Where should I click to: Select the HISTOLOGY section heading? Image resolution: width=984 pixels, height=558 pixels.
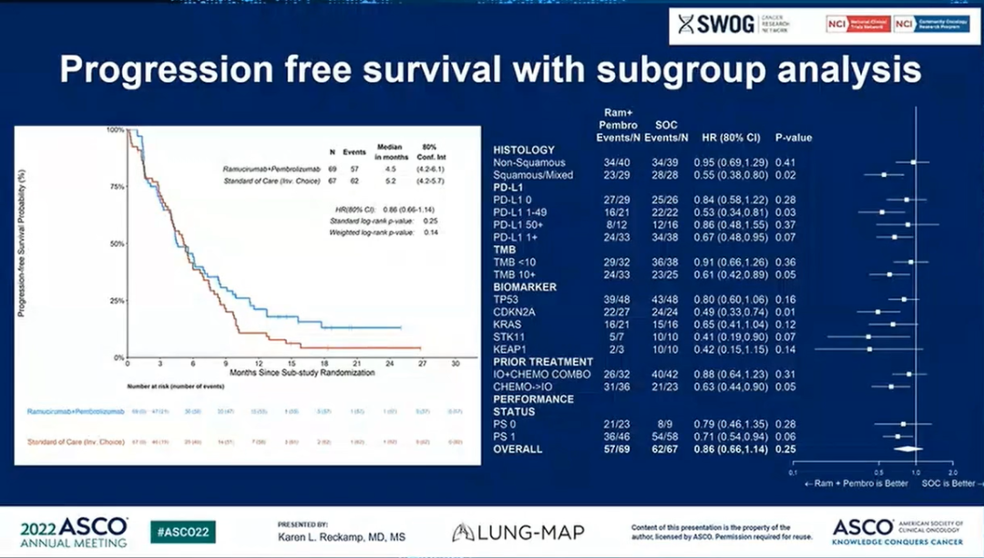click(524, 150)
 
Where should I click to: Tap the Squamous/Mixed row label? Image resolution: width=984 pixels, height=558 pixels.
click(532, 174)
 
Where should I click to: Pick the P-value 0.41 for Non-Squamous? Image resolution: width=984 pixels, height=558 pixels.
click(785, 162)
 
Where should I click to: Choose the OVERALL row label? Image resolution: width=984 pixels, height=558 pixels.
click(518, 449)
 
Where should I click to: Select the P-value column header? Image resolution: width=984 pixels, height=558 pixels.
click(793, 138)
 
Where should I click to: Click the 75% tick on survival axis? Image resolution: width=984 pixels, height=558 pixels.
click(117, 187)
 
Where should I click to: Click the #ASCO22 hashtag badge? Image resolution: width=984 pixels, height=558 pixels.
click(183, 532)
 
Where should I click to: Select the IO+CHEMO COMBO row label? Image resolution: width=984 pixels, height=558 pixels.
click(542, 374)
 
